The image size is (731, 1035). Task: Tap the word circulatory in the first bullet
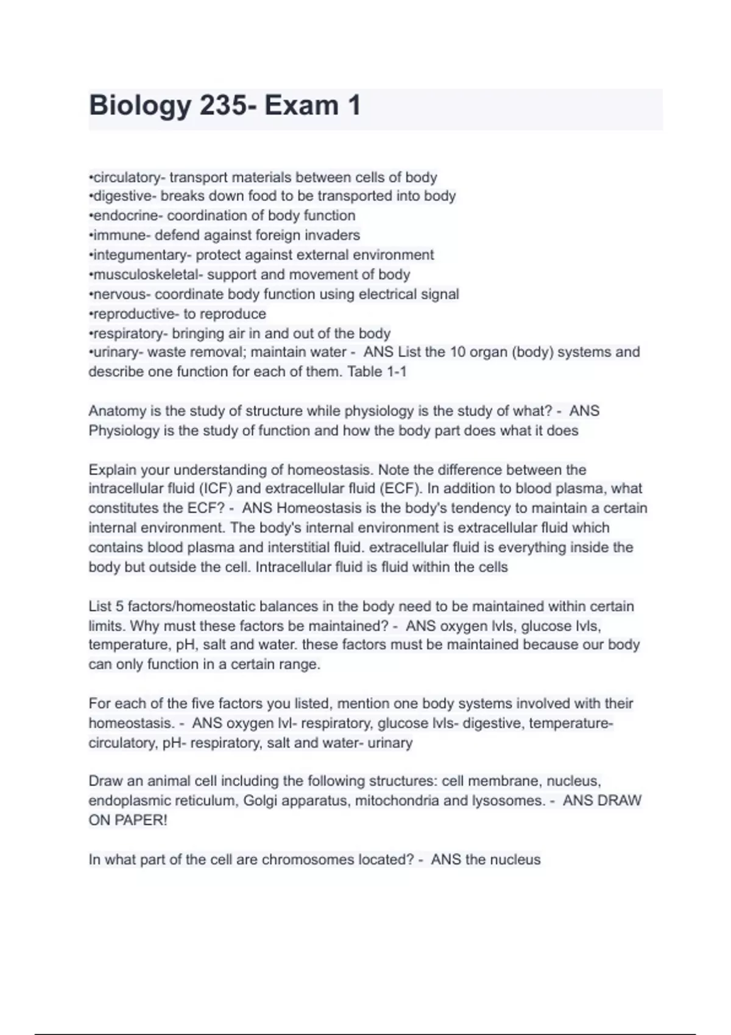pyautogui.click(x=127, y=177)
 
